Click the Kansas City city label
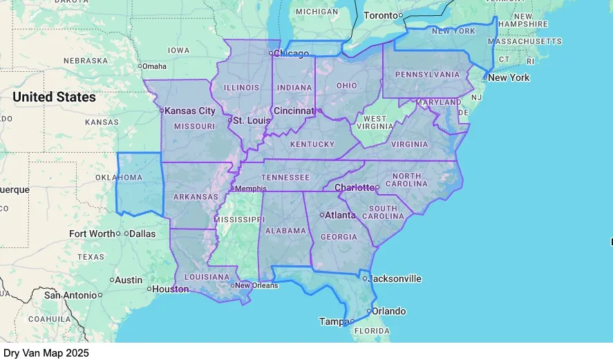(191, 111)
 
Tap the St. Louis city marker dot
(230, 121)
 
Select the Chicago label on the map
(292, 53)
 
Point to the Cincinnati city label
(294, 111)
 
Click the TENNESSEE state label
(285, 178)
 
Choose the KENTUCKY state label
(312, 144)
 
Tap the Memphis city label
(251, 189)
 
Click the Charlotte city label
(354, 187)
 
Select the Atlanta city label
(341, 215)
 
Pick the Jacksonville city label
(395, 279)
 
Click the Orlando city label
(389, 311)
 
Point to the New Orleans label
(256, 285)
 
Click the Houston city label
(171, 289)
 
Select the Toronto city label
(381, 15)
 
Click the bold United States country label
(54, 97)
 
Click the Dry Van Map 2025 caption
(46, 352)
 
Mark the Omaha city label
(155, 66)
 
